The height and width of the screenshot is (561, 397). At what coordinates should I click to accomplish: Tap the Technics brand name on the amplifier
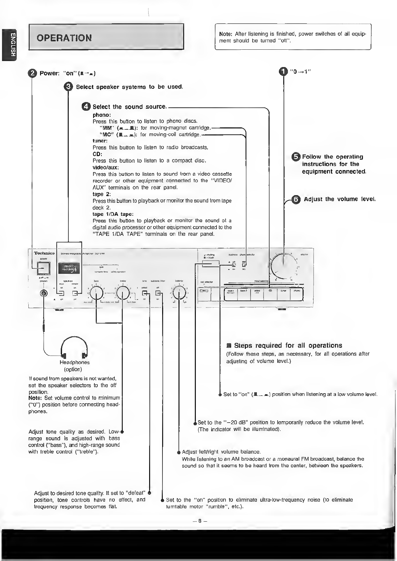coord(44,253)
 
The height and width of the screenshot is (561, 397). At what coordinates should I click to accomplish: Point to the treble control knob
coord(123,294)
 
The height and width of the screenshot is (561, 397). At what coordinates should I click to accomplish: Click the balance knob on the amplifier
coord(179,293)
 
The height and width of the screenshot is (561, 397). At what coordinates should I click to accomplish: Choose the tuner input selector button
coord(283,294)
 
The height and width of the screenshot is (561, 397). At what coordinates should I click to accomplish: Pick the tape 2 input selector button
coord(244,294)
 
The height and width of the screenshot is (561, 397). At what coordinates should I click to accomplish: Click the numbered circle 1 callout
coord(283,72)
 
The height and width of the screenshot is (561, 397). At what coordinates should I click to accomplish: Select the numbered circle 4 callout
coord(86,106)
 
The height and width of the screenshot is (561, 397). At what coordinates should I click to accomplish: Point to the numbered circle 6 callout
coord(296,199)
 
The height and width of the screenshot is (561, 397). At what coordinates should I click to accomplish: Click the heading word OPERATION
coord(64,38)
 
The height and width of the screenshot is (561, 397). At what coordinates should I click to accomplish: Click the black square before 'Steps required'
coord(229,346)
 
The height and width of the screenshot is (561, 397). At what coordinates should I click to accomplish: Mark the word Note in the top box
coord(225,34)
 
